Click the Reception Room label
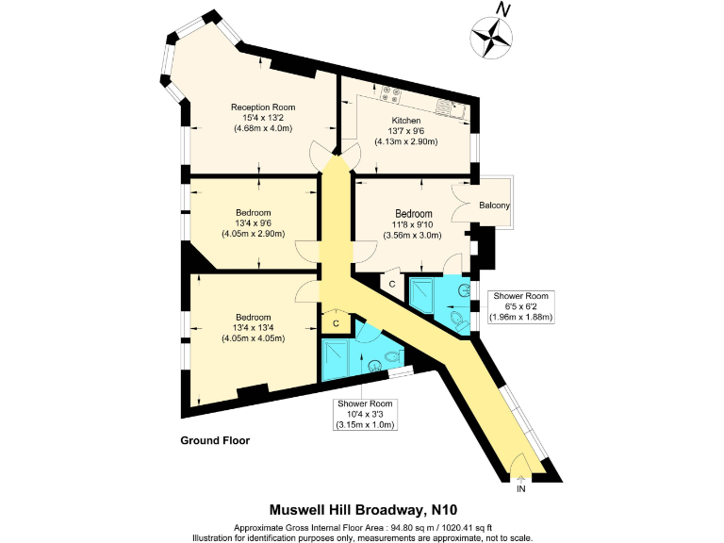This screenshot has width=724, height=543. [263, 107]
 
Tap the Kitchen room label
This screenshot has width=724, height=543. [406, 120]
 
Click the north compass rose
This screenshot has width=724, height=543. [490, 37]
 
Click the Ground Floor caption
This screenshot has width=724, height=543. [215, 440]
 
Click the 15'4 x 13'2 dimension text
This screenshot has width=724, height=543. [263, 118]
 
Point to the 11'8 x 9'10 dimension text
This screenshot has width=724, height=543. [414, 225]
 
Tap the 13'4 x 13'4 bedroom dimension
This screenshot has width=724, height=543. [254, 328]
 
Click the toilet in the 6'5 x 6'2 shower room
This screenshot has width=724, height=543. [459, 323]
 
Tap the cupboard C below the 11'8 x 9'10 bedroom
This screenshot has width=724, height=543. [391, 283]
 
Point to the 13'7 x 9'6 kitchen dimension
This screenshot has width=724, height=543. [406, 131]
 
